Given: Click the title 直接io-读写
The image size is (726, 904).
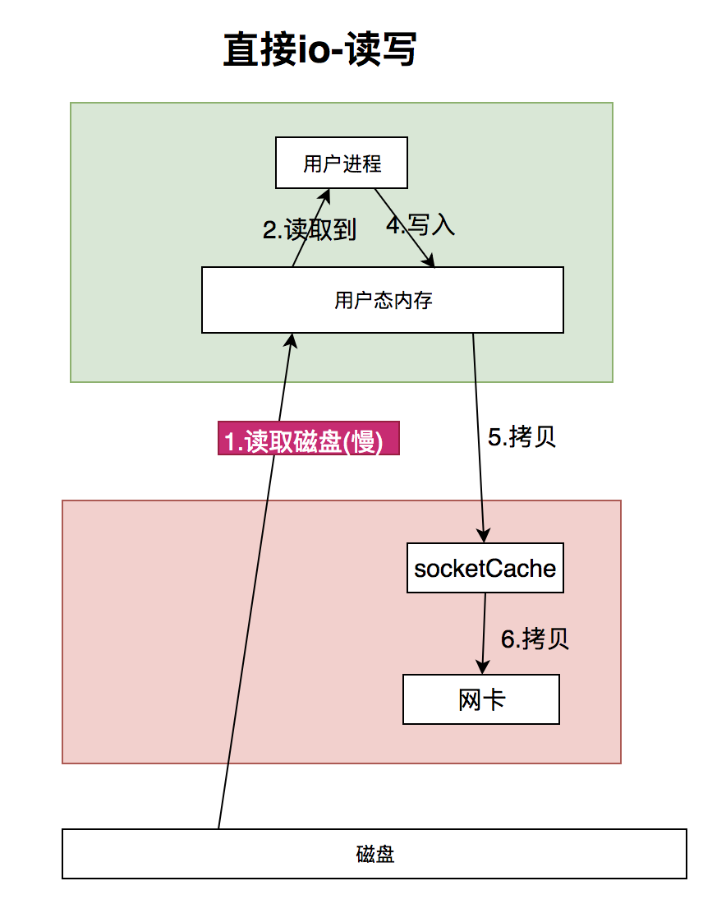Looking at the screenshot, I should [319, 51].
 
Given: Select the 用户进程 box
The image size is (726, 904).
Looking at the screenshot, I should [342, 163].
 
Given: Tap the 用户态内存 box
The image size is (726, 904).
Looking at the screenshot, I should [383, 300].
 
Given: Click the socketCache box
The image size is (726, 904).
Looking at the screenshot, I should [485, 568].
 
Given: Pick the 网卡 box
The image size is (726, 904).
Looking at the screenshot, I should [480, 699].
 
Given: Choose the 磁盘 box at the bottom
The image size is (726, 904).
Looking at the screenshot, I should [374, 854].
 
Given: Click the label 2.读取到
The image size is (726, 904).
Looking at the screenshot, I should [310, 231].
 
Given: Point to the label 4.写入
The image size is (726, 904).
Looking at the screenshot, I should [420, 226].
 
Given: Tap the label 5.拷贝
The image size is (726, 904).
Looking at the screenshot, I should [522, 437].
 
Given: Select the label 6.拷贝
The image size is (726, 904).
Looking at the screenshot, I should [535, 639].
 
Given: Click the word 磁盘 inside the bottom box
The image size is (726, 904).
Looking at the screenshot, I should [374, 854].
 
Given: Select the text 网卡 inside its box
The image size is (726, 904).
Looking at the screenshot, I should [480, 699].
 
